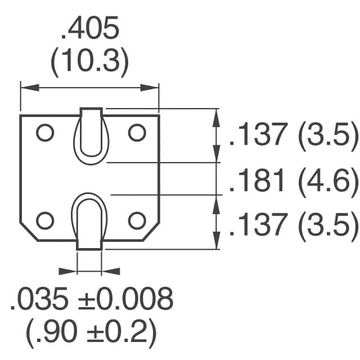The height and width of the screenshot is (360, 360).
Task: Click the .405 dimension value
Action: click(90, 30)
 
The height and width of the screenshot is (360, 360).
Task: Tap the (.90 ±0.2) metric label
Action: click(90, 332)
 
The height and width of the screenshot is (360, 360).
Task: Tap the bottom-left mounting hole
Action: click(44, 220)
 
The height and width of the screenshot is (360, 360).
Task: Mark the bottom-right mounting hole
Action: click(137, 220)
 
